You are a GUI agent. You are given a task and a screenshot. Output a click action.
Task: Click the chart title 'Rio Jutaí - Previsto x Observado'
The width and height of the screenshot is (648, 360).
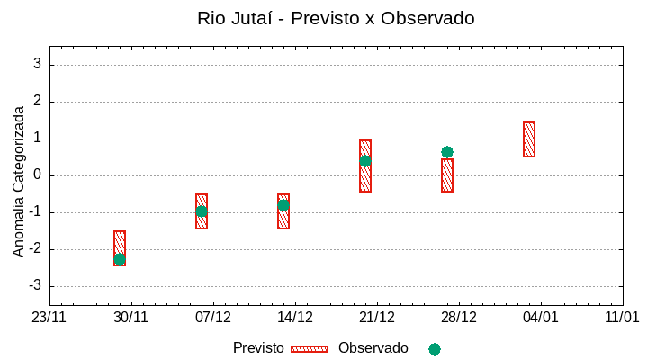click(336, 18)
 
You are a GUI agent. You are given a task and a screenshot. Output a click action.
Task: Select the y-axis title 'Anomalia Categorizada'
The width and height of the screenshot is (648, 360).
click(19, 181)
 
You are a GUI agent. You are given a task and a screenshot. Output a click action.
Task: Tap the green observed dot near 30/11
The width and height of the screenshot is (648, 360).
click(120, 259)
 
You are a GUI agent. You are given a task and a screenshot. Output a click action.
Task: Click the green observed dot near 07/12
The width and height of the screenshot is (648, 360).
click(202, 211)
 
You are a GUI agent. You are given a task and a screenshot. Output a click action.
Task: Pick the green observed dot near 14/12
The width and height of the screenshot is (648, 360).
click(283, 204)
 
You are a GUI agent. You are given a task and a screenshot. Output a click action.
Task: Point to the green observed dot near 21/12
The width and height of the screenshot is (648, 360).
click(365, 161)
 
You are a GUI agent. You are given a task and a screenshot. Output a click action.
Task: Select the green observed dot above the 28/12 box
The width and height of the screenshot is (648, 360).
click(447, 152)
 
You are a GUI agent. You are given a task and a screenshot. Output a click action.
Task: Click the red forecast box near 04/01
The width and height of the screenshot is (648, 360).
click(529, 139)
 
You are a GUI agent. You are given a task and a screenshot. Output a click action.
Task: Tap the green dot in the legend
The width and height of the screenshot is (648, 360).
click(435, 349)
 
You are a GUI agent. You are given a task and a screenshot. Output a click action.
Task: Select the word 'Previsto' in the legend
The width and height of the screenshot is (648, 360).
click(258, 348)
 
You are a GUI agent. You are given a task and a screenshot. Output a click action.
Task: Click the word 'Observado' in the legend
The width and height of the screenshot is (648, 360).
click(373, 348)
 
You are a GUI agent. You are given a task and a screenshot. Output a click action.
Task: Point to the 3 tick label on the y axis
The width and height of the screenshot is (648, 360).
click(38, 65)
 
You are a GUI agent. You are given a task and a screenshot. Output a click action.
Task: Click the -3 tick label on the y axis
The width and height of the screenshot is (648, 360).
click(35, 286)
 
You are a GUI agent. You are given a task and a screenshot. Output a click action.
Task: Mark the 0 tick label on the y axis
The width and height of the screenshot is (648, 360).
click(38, 175)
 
